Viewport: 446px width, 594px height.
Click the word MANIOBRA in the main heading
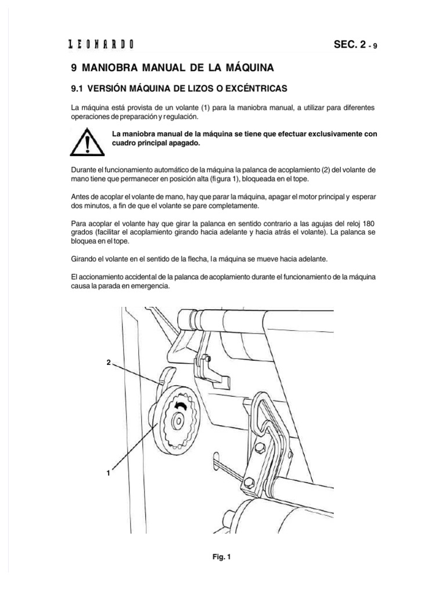pyautogui.click(x=118, y=68)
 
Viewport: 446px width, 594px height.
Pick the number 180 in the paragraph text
pyautogui.click(x=370, y=223)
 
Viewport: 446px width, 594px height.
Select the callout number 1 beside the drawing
pyautogui.click(x=109, y=474)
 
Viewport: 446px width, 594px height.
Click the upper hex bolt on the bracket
pyautogui.click(x=260, y=447)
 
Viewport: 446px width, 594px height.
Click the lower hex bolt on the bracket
pyautogui.click(x=248, y=482)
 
